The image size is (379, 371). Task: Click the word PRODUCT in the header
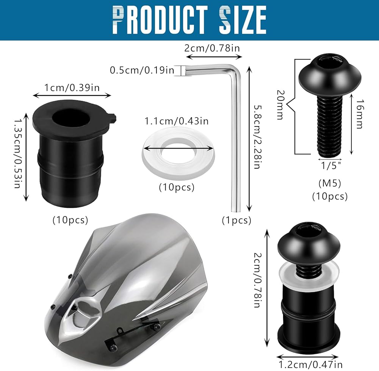pos(160,20)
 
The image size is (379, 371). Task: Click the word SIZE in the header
pos(243,20)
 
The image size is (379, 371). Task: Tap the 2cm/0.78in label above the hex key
pos(212,48)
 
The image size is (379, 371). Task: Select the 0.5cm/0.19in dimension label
pos(142,70)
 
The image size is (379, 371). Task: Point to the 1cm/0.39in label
pos(72,88)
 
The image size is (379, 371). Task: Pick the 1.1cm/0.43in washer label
pos(177,121)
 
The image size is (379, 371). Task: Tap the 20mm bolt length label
pos(280,105)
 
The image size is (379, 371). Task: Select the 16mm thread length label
pos(359,114)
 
